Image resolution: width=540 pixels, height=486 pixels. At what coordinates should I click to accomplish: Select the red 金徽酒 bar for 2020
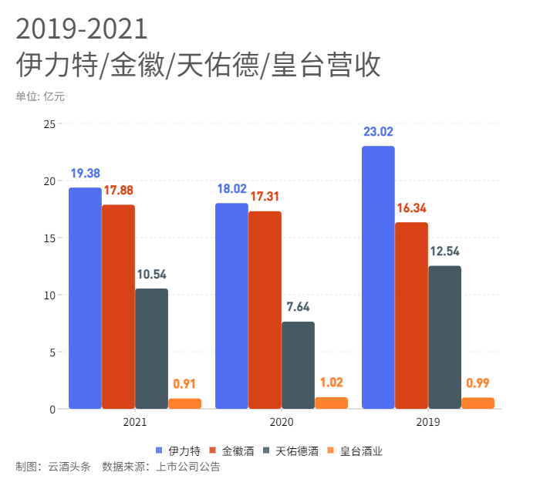[x=265, y=309]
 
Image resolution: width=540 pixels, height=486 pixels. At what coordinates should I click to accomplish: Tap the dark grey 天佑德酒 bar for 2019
[x=445, y=337]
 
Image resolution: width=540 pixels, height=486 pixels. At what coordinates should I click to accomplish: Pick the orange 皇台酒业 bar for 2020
[x=332, y=403]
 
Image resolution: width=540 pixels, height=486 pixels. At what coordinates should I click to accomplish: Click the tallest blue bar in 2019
[x=378, y=278]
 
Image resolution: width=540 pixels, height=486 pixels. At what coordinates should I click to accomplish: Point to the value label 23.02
[x=379, y=132]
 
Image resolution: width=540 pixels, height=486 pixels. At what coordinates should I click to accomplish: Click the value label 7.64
[x=299, y=307]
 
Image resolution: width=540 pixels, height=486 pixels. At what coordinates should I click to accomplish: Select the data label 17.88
[x=119, y=191]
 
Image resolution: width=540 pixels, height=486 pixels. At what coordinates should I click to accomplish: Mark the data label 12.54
[x=445, y=251]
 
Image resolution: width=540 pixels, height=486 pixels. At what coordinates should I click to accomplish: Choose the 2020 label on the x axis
[x=281, y=423]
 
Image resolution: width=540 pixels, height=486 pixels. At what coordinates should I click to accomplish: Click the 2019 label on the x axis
[x=428, y=423]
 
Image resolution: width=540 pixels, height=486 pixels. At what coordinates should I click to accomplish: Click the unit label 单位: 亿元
[x=40, y=96]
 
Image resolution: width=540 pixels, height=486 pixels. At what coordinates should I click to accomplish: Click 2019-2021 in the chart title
[x=81, y=29]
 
